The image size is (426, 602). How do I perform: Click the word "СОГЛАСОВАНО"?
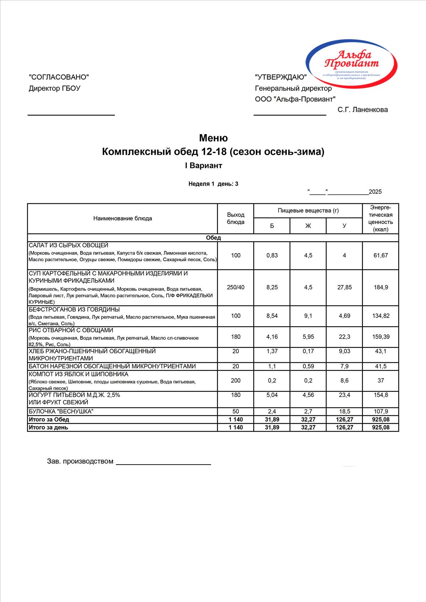pyautogui.click(x=59, y=77)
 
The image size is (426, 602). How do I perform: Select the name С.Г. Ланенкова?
pyautogui.click(x=362, y=110)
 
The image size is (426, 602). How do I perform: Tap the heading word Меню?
pyautogui.click(x=213, y=138)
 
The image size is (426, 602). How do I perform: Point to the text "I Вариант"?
pyautogui.click(x=203, y=166)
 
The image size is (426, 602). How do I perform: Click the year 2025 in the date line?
pyautogui.click(x=375, y=192)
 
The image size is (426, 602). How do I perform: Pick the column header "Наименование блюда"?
pyautogui.click(x=123, y=219)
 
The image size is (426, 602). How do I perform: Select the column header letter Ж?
pyautogui.click(x=308, y=226)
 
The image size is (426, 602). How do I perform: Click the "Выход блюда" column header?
pyautogui.click(x=236, y=219)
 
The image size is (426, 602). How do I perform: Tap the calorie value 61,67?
pyautogui.click(x=381, y=256)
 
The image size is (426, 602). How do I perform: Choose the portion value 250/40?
pyautogui.click(x=236, y=288)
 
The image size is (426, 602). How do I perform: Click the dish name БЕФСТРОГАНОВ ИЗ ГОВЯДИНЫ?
pyautogui.click(x=74, y=310)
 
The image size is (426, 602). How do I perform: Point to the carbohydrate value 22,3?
pyautogui.click(x=344, y=337)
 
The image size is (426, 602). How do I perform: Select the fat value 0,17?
pyautogui.click(x=308, y=351)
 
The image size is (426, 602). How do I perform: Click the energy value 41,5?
pyautogui.click(x=381, y=366)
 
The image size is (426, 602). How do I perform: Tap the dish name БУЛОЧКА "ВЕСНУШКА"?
pyautogui.click(x=61, y=412)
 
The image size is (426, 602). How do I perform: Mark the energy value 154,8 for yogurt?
pyautogui.click(x=381, y=395)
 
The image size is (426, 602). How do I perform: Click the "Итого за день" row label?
pyautogui.click(x=48, y=428)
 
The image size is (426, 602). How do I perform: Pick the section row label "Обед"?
pyautogui.click(x=213, y=238)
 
